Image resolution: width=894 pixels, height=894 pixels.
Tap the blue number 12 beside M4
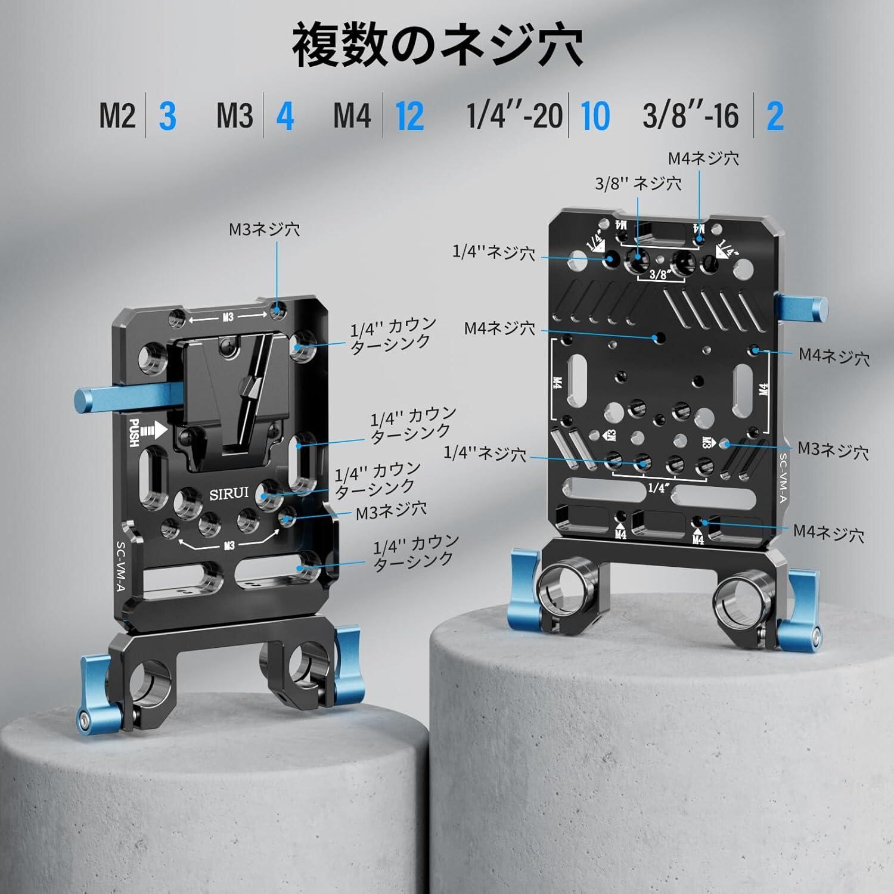409,116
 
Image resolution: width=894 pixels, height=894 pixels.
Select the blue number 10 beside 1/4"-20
595,116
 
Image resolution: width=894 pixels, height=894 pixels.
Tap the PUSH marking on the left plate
134,432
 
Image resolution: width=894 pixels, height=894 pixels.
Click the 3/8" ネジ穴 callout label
638,184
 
